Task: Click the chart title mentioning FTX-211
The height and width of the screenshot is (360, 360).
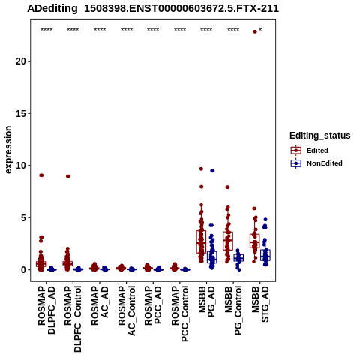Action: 153,9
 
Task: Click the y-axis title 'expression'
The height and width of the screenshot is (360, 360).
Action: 8,150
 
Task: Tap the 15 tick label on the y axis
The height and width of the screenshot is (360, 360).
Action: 21,113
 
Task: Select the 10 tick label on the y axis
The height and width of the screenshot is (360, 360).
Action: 21,166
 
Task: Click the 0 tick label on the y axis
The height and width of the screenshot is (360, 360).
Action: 24,270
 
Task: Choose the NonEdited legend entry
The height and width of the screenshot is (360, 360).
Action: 316,163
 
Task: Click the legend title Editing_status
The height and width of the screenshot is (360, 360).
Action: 320,136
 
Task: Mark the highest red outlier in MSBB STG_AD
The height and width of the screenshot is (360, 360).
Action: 255,31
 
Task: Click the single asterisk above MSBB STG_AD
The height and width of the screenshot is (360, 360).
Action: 260,30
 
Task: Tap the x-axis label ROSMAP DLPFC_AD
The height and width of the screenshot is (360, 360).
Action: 46,310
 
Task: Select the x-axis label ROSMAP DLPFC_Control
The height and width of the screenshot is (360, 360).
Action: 73,319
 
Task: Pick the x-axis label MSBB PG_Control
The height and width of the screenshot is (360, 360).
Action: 233,310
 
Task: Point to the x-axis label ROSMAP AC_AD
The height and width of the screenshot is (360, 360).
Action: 100,306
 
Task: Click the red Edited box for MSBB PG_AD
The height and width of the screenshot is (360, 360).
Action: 201,241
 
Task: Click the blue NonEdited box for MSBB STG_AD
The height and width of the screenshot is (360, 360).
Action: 265,255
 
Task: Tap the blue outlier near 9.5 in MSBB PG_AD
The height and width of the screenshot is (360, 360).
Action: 212,171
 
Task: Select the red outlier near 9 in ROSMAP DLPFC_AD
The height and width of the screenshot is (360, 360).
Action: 41,175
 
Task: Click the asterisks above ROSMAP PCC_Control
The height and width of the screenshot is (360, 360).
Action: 180,30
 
